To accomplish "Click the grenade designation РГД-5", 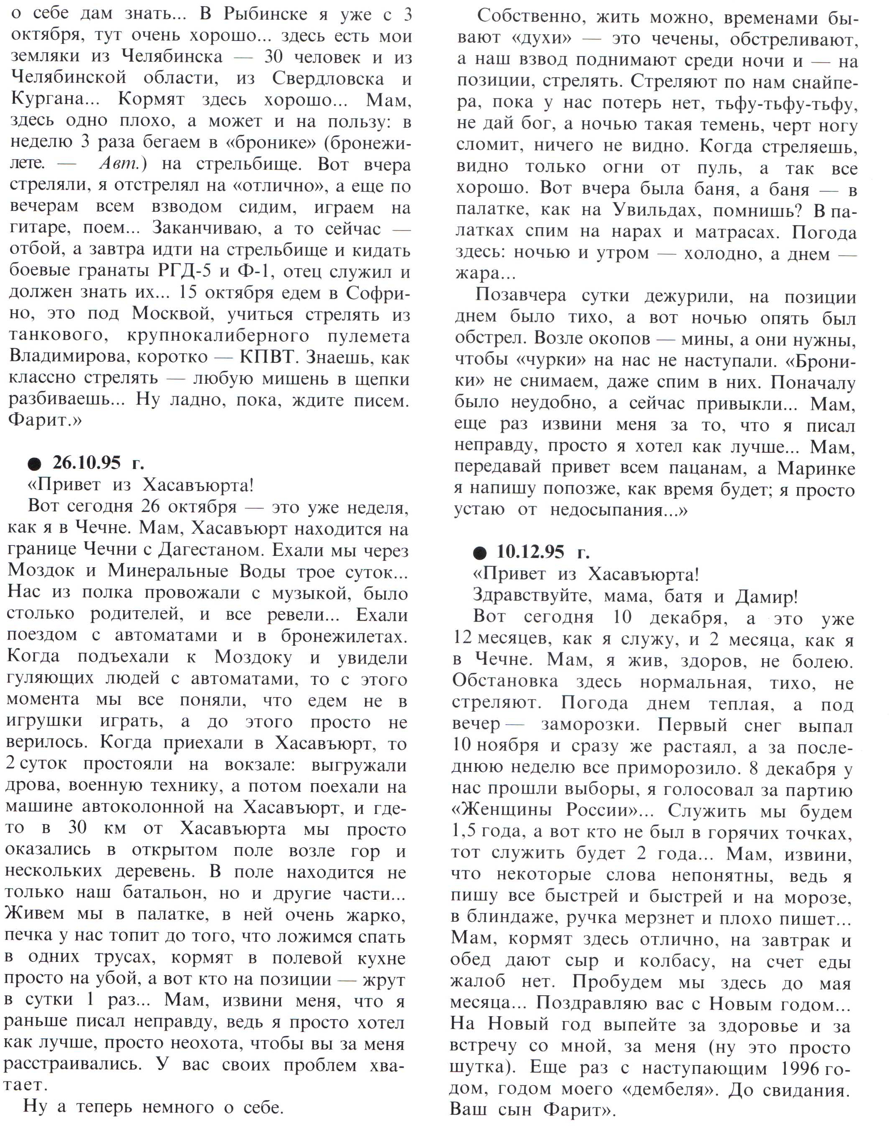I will tap(186, 271).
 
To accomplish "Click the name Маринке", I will tap(816, 468).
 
